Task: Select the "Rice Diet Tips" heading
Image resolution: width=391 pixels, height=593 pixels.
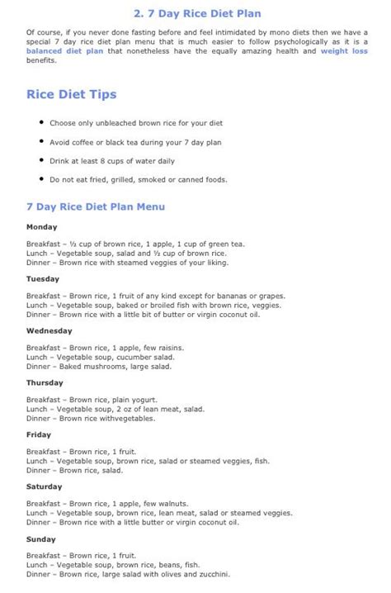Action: click(72, 95)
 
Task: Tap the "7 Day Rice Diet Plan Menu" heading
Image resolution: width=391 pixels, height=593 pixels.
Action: click(97, 206)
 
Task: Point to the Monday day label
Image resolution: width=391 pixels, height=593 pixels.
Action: click(41, 226)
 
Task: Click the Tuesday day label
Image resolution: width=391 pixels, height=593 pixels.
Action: click(42, 278)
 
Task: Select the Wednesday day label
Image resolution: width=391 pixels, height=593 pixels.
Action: click(49, 330)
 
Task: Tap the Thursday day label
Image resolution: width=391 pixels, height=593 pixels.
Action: click(45, 382)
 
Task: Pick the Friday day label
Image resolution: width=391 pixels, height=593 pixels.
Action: click(39, 434)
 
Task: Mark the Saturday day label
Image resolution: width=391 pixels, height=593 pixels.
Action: click(45, 486)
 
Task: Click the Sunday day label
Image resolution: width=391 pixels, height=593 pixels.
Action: click(41, 538)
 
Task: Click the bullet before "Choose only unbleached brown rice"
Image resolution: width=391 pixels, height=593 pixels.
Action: click(41, 123)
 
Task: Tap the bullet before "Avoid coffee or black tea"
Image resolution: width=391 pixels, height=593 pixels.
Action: click(41, 142)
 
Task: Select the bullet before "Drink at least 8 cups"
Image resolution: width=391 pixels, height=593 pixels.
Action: click(41, 160)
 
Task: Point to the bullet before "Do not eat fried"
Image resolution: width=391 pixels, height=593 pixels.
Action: click(41, 179)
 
